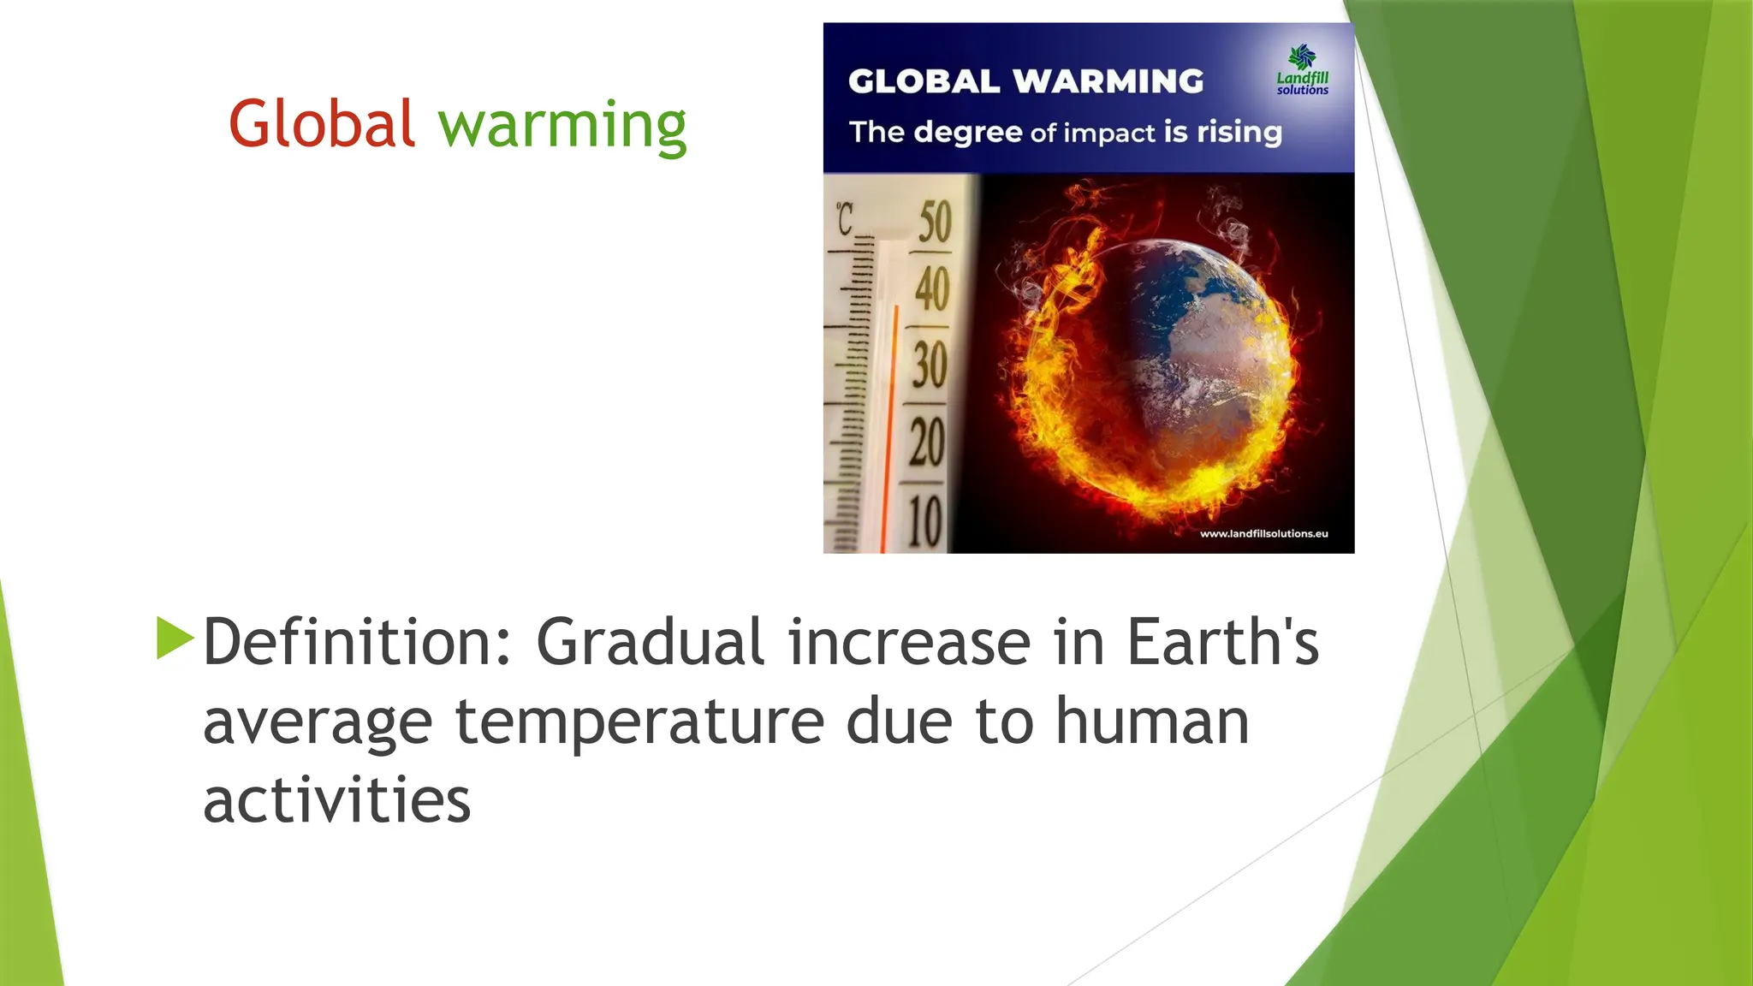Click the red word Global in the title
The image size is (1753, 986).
(322, 125)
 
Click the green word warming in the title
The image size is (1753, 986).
(562, 127)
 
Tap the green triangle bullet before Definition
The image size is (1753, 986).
(175, 639)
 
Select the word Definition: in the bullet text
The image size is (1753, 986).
(358, 642)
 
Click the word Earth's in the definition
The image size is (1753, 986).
(1222, 642)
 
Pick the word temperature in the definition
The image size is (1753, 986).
(639, 722)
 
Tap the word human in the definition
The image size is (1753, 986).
(1152, 722)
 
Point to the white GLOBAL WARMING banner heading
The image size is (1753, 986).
(1025, 81)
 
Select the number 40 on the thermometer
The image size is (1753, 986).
(931, 289)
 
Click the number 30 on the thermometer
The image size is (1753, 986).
(930, 365)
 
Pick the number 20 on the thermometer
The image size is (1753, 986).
(927, 443)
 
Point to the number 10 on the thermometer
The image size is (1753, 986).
(924, 520)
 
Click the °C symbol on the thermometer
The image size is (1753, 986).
(846, 219)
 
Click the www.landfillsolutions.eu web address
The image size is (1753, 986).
(1263, 534)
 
